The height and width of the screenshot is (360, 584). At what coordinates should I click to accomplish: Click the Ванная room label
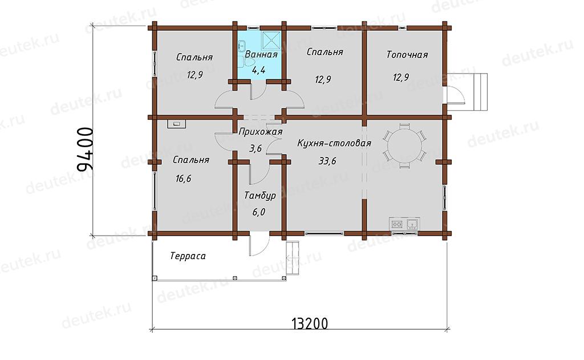[261, 54]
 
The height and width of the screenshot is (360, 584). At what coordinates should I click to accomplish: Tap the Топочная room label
[407, 55]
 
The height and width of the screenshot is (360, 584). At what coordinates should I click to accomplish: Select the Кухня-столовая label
[334, 143]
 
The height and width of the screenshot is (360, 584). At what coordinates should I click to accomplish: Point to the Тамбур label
[260, 196]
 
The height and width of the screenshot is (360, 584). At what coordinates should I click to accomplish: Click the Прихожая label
[260, 132]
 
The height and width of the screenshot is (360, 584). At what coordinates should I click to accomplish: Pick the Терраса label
[188, 256]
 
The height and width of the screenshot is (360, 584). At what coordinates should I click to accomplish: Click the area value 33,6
[327, 161]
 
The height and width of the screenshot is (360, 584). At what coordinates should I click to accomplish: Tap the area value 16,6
[183, 179]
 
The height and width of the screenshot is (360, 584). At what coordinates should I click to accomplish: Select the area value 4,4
[258, 70]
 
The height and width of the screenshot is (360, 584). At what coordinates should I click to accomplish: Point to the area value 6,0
[258, 212]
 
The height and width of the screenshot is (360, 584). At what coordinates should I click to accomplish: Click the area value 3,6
[255, 149]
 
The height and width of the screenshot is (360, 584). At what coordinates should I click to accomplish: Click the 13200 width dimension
[310, 323]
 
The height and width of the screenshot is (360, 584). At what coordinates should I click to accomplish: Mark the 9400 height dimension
[84, 149]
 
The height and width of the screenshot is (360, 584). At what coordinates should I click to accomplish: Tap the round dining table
[404, 145]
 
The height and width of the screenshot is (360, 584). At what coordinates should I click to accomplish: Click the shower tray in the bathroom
[271, 41]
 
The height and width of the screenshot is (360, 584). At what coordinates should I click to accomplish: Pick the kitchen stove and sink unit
[404, 224]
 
